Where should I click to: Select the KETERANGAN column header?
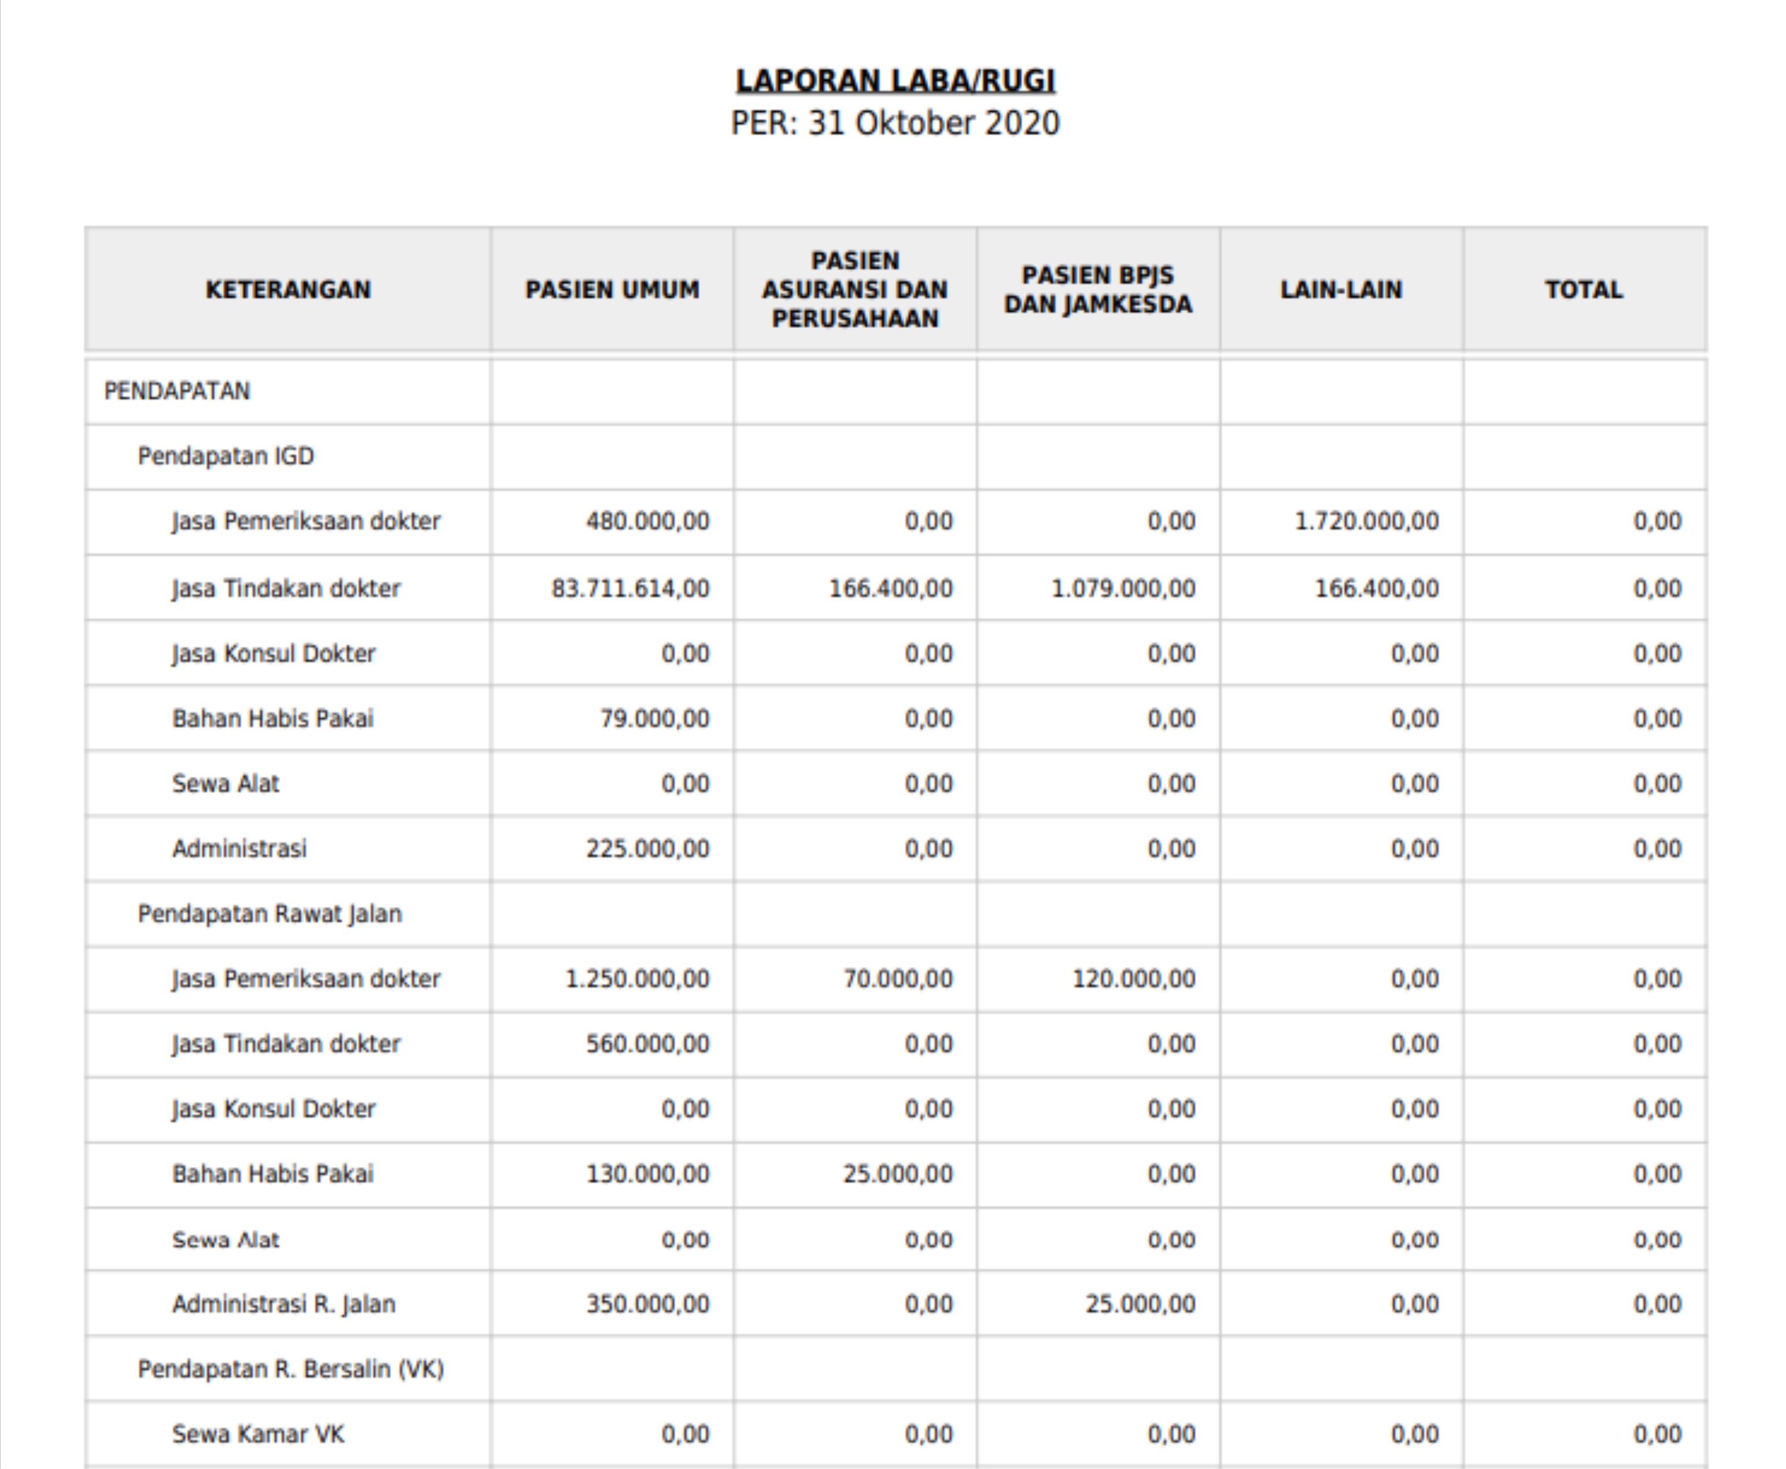(x=287, y=289)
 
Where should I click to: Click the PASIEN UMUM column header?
(x=612, y=289)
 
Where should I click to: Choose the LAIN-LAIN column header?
(x=1341, y=289)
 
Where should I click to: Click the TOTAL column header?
(x=1584, y=289)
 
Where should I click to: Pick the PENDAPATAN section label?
(x=177, y=391)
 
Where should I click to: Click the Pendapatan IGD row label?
(x=226, y=456)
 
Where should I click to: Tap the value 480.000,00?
(x=647, y=521)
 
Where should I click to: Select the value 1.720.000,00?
(x=1366, y=521)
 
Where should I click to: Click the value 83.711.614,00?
(x=630, y=588)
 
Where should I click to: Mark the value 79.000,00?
(x=654, y=718)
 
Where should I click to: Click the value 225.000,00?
(x=647, y=849)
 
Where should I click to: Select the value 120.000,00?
(x=1134, y=979)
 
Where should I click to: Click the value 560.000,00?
(x=647, y=1044)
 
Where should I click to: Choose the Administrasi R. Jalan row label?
(x=283, y=1304)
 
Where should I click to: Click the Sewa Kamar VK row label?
(x=258, y=1434)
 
